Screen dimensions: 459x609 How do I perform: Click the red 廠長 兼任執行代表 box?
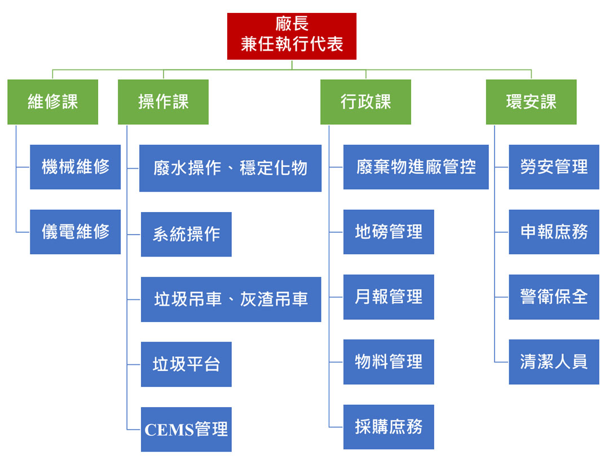[292, 36]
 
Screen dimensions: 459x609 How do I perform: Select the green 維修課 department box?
[52, 102]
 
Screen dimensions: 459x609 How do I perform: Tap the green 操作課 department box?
[163, 102]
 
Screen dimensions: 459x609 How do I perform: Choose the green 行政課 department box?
[365, 102]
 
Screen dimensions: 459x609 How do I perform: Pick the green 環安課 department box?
[531, 102]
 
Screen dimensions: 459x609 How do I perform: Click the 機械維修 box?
[75, 167]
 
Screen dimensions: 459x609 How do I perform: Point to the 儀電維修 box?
[75, 232]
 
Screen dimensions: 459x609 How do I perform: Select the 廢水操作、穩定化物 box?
[230, 168]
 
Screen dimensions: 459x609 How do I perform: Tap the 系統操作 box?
[186, 234]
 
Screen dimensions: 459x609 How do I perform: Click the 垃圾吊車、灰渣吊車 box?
[231, 299]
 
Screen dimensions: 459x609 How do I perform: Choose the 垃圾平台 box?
[186, 364]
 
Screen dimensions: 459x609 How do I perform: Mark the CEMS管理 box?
[186, 430]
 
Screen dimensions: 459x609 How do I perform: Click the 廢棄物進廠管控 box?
[416, 167]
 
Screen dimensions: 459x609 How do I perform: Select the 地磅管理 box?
[389, 232]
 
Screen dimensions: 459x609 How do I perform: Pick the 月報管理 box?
[389, 297]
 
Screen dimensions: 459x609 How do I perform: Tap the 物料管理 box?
[389, 362]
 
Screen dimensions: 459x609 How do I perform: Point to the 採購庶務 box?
[389, 427]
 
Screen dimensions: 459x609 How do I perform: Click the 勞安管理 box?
[554, 167]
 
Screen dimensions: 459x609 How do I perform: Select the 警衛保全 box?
[554, 297]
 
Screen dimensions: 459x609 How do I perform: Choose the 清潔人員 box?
[554, 362]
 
